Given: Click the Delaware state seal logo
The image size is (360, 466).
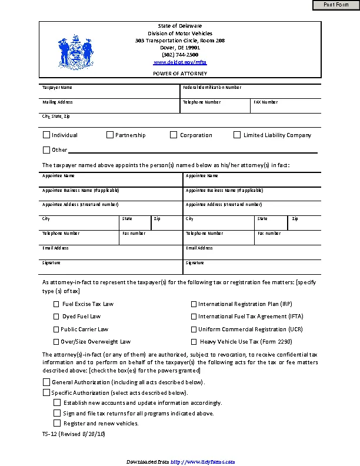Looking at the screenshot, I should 75,52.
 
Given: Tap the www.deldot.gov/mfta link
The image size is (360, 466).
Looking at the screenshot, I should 180,62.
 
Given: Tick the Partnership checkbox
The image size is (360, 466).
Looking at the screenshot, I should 110,135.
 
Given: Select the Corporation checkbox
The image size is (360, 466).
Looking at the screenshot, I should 174,135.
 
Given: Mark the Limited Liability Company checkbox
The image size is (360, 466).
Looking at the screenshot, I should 237,135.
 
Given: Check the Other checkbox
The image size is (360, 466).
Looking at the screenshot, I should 46,149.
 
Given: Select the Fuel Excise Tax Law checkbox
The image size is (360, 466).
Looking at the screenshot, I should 56,304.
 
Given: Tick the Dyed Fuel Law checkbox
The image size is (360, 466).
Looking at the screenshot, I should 56,317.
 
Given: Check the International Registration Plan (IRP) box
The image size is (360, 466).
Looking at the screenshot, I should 194,304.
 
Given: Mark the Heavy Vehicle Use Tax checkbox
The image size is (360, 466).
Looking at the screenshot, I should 194,342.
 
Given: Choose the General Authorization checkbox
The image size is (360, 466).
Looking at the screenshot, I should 46,382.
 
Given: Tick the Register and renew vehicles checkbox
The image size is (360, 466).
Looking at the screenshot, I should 57,423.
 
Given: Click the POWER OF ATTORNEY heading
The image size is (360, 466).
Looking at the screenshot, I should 180,73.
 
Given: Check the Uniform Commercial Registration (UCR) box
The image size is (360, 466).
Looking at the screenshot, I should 194,329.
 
